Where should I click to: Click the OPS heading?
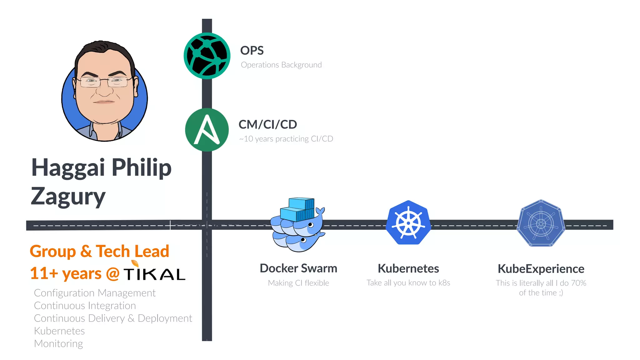[252, 51]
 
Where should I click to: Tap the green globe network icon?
[207, 56]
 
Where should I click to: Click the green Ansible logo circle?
[207, 130]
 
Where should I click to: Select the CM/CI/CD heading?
[267, 124]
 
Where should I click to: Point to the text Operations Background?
[281, 65]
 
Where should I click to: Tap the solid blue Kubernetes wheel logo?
[408, 222]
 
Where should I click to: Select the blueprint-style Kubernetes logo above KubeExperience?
[541, 223]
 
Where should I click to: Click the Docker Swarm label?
[298, 268]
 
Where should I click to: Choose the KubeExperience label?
[541, 269]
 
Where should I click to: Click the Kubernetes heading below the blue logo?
[408, 268]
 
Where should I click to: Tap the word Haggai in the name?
[68, 168]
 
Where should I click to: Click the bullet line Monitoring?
[58, 343]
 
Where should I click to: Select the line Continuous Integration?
[85, 306]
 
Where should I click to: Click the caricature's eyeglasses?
[104, 82]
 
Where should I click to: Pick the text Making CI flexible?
[298, 283]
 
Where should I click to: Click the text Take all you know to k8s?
[408, 283]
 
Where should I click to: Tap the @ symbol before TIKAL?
[113, 274]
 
